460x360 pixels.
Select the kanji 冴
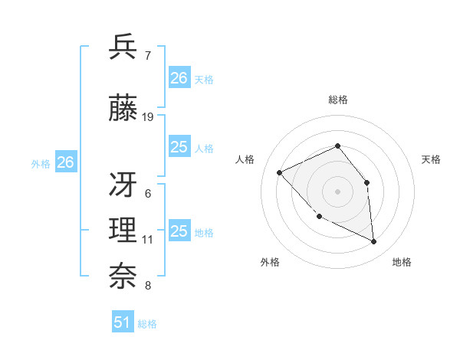point(123,185)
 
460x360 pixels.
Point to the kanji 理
point(123,231)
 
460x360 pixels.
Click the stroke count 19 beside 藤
point(148,117)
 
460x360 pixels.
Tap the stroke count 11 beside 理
point(148,240)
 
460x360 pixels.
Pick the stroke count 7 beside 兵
point(147,55)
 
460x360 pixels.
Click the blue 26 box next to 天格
point(179,78)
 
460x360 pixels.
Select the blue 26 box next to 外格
point(66,162)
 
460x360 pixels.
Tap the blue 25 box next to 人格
point(179,147)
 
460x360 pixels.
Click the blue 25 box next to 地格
point(179,231)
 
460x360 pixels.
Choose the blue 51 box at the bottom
point(123,322)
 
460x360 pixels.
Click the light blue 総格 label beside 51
point(147,324)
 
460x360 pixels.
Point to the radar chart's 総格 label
point(337,100)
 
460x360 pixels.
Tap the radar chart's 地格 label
point(402,262)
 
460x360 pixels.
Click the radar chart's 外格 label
point(270,262)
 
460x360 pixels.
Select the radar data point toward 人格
point(280,172)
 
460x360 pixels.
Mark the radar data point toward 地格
point(374,242)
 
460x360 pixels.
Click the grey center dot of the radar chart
point(337,191)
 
